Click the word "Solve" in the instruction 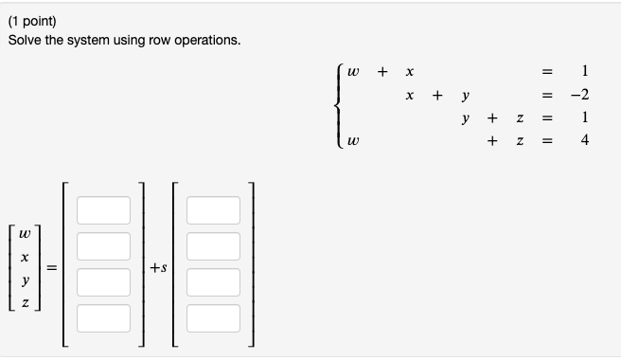click(26, 41)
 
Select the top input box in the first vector click(104, 210)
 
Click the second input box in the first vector click(104, 246)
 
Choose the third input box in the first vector click(104, 281)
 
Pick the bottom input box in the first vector click(104, 316)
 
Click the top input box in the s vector click(213, 210)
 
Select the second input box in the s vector click(213, 246)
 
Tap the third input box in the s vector click(213, 281)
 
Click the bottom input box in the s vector click(213, 316)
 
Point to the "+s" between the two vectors click(158, 269)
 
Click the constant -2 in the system click(580, 96)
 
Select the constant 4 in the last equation click(586, 141)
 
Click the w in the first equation click(354, 72)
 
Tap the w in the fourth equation click(354, 142)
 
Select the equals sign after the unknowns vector click(54, 269)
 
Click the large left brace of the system click(339, 106)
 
